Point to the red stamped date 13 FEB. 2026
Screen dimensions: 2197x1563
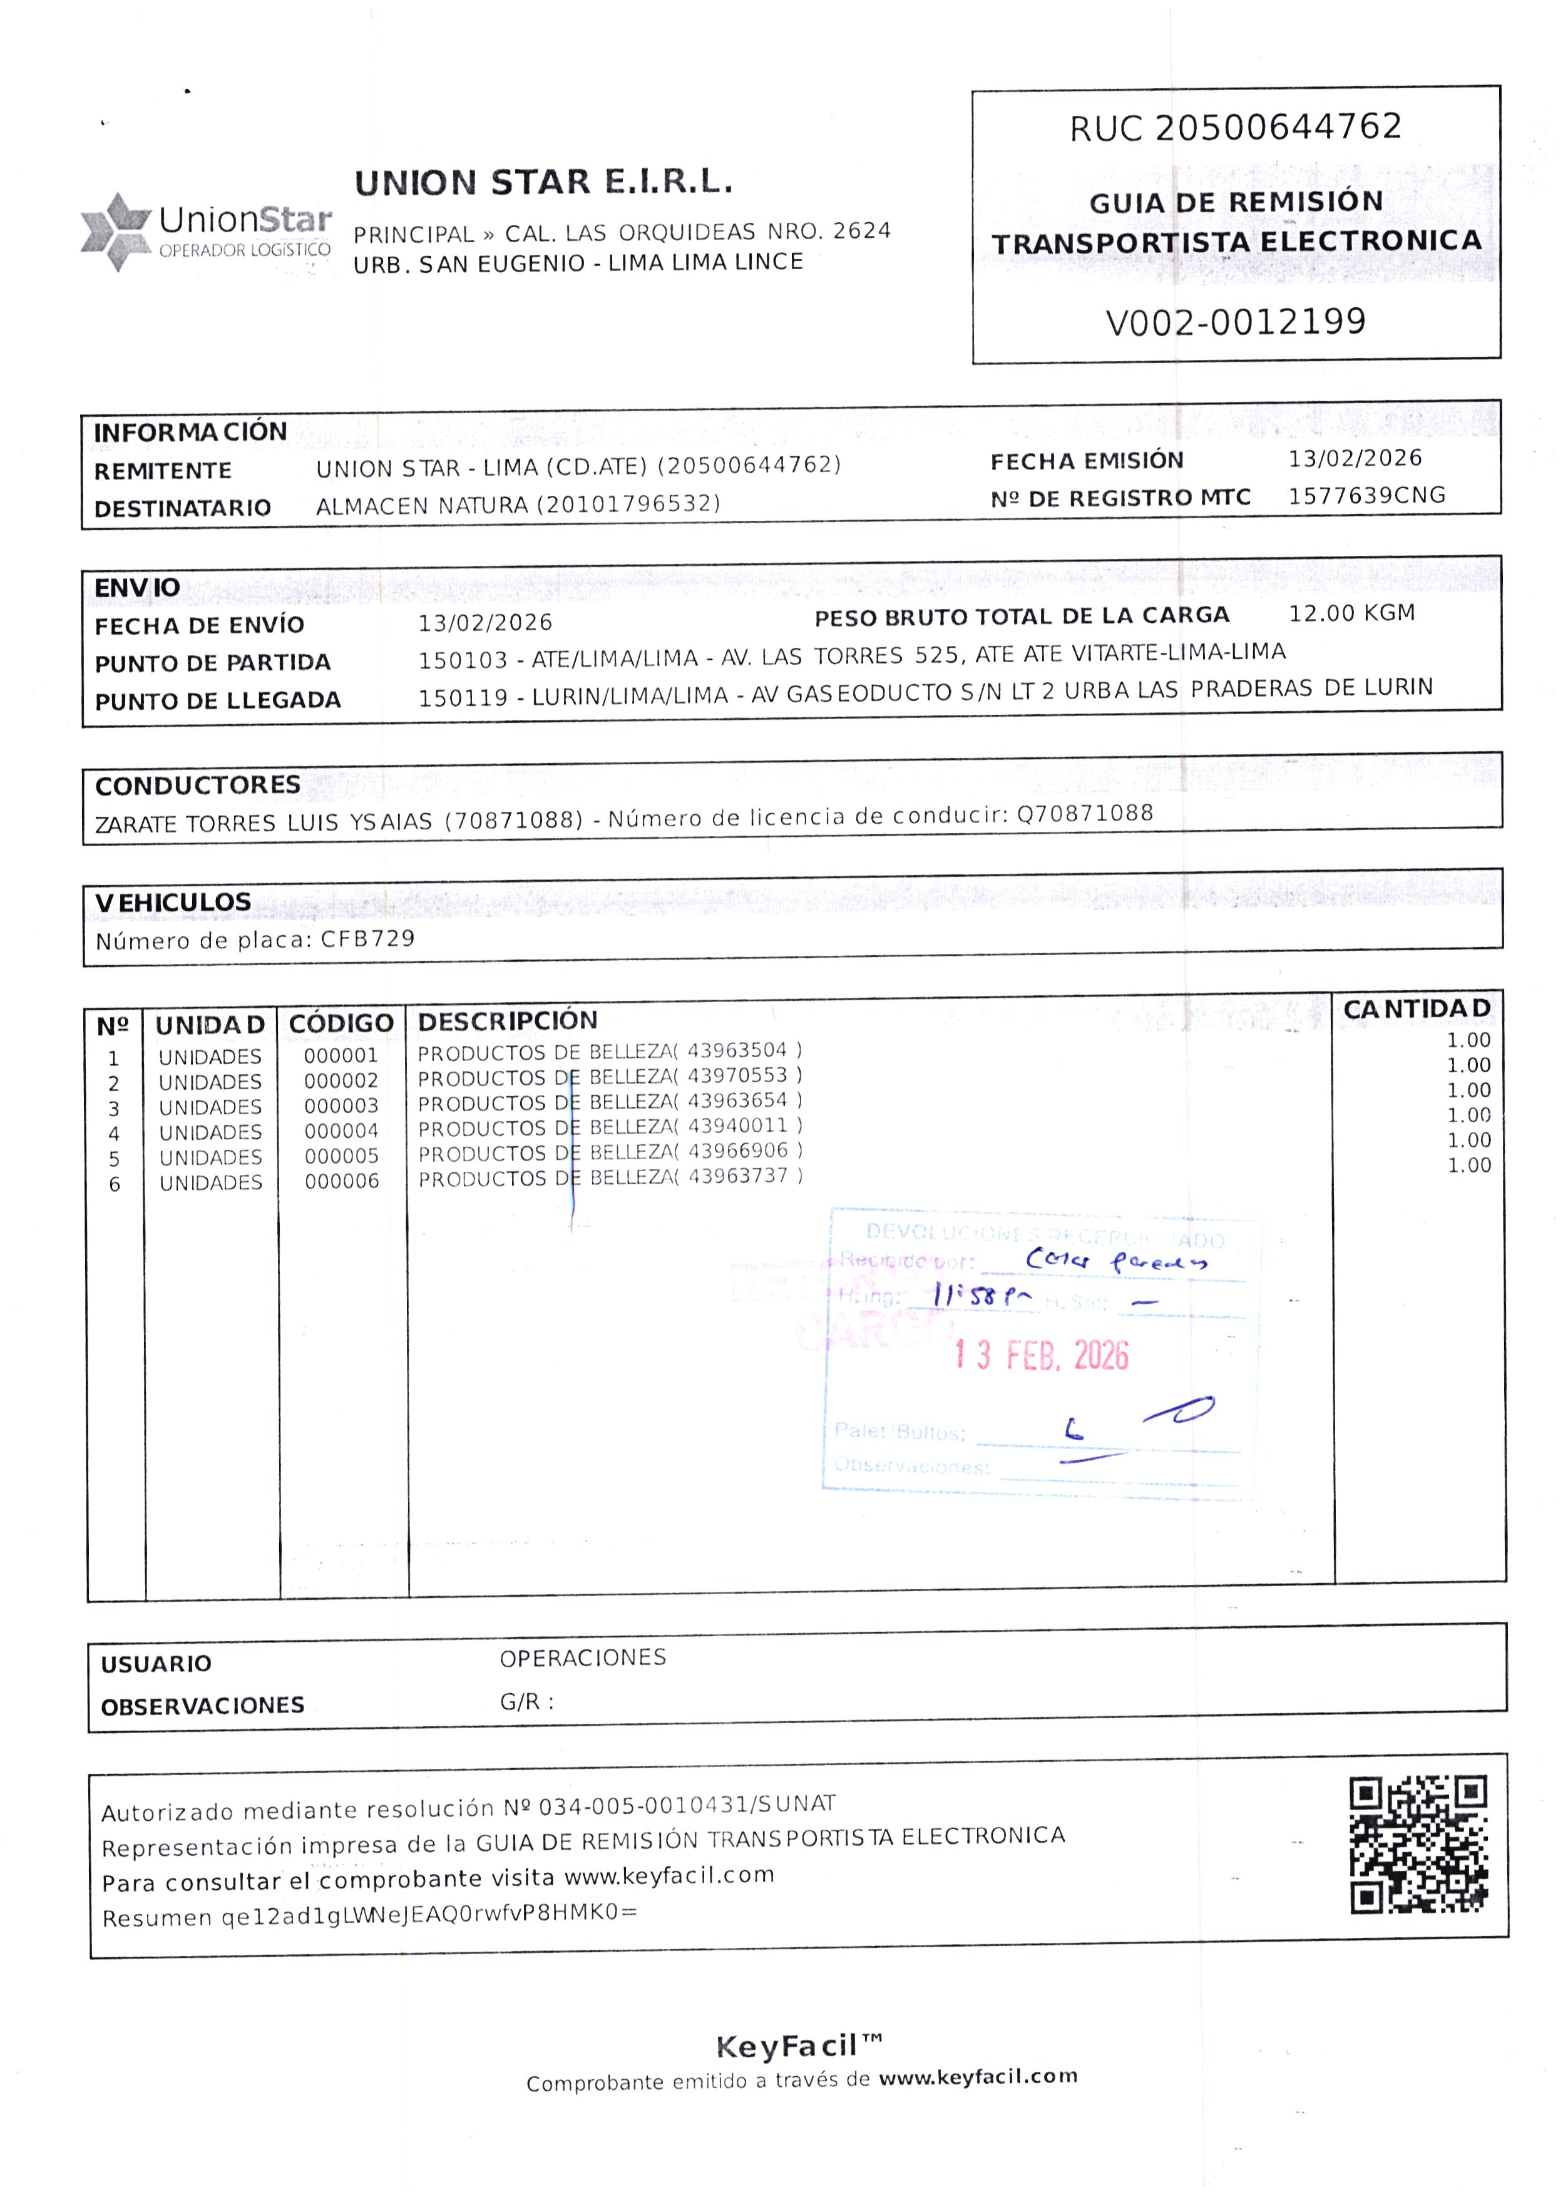click(1042, 1355)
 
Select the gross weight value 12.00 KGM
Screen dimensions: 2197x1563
click(1351, 613)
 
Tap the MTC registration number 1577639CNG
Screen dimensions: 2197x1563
click(1366, 496)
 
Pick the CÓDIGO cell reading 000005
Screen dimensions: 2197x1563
click(342, 1155)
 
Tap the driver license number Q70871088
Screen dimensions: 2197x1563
click(1085, 813)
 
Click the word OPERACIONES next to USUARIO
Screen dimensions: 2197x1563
click(582, 1657)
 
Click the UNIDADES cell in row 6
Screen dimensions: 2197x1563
click(211, 1183)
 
